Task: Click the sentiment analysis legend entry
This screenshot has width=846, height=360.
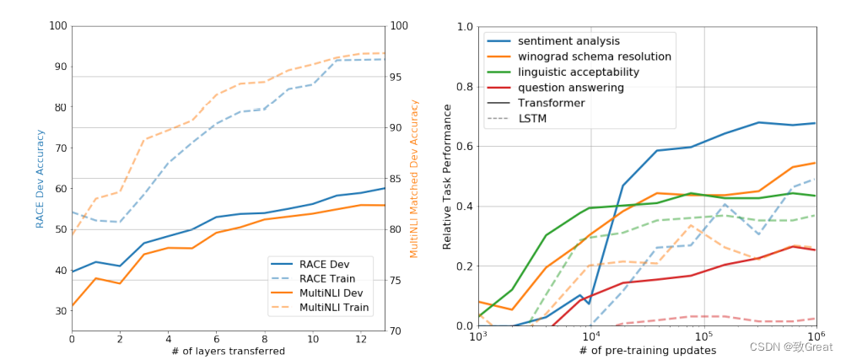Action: [x=568, y=41]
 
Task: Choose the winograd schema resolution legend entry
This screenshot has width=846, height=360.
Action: [x=594, y=56]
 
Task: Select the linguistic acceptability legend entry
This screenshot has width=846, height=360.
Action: [x=579, y=73]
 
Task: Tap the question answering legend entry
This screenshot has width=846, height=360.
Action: [x=571, y=88]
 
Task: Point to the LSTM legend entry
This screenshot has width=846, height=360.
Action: [x=532, y=119]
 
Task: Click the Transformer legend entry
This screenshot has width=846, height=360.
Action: [x=551, y=103]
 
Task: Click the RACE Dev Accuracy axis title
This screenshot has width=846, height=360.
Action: [x=40, y=178]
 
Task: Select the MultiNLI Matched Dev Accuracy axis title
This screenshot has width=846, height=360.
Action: [x=413, y=178]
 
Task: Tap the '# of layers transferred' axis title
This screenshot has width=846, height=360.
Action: [x=229, y=352]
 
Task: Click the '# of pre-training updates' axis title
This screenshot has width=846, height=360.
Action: [x=647, y=352]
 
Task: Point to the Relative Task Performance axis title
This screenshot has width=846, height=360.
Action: [x=448, y=176]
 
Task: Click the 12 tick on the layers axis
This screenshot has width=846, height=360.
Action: [x=361, y=339]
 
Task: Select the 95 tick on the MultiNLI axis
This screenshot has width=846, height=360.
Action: [x=396, y=77]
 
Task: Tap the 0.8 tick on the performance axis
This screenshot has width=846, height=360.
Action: [x=465, y=87]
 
